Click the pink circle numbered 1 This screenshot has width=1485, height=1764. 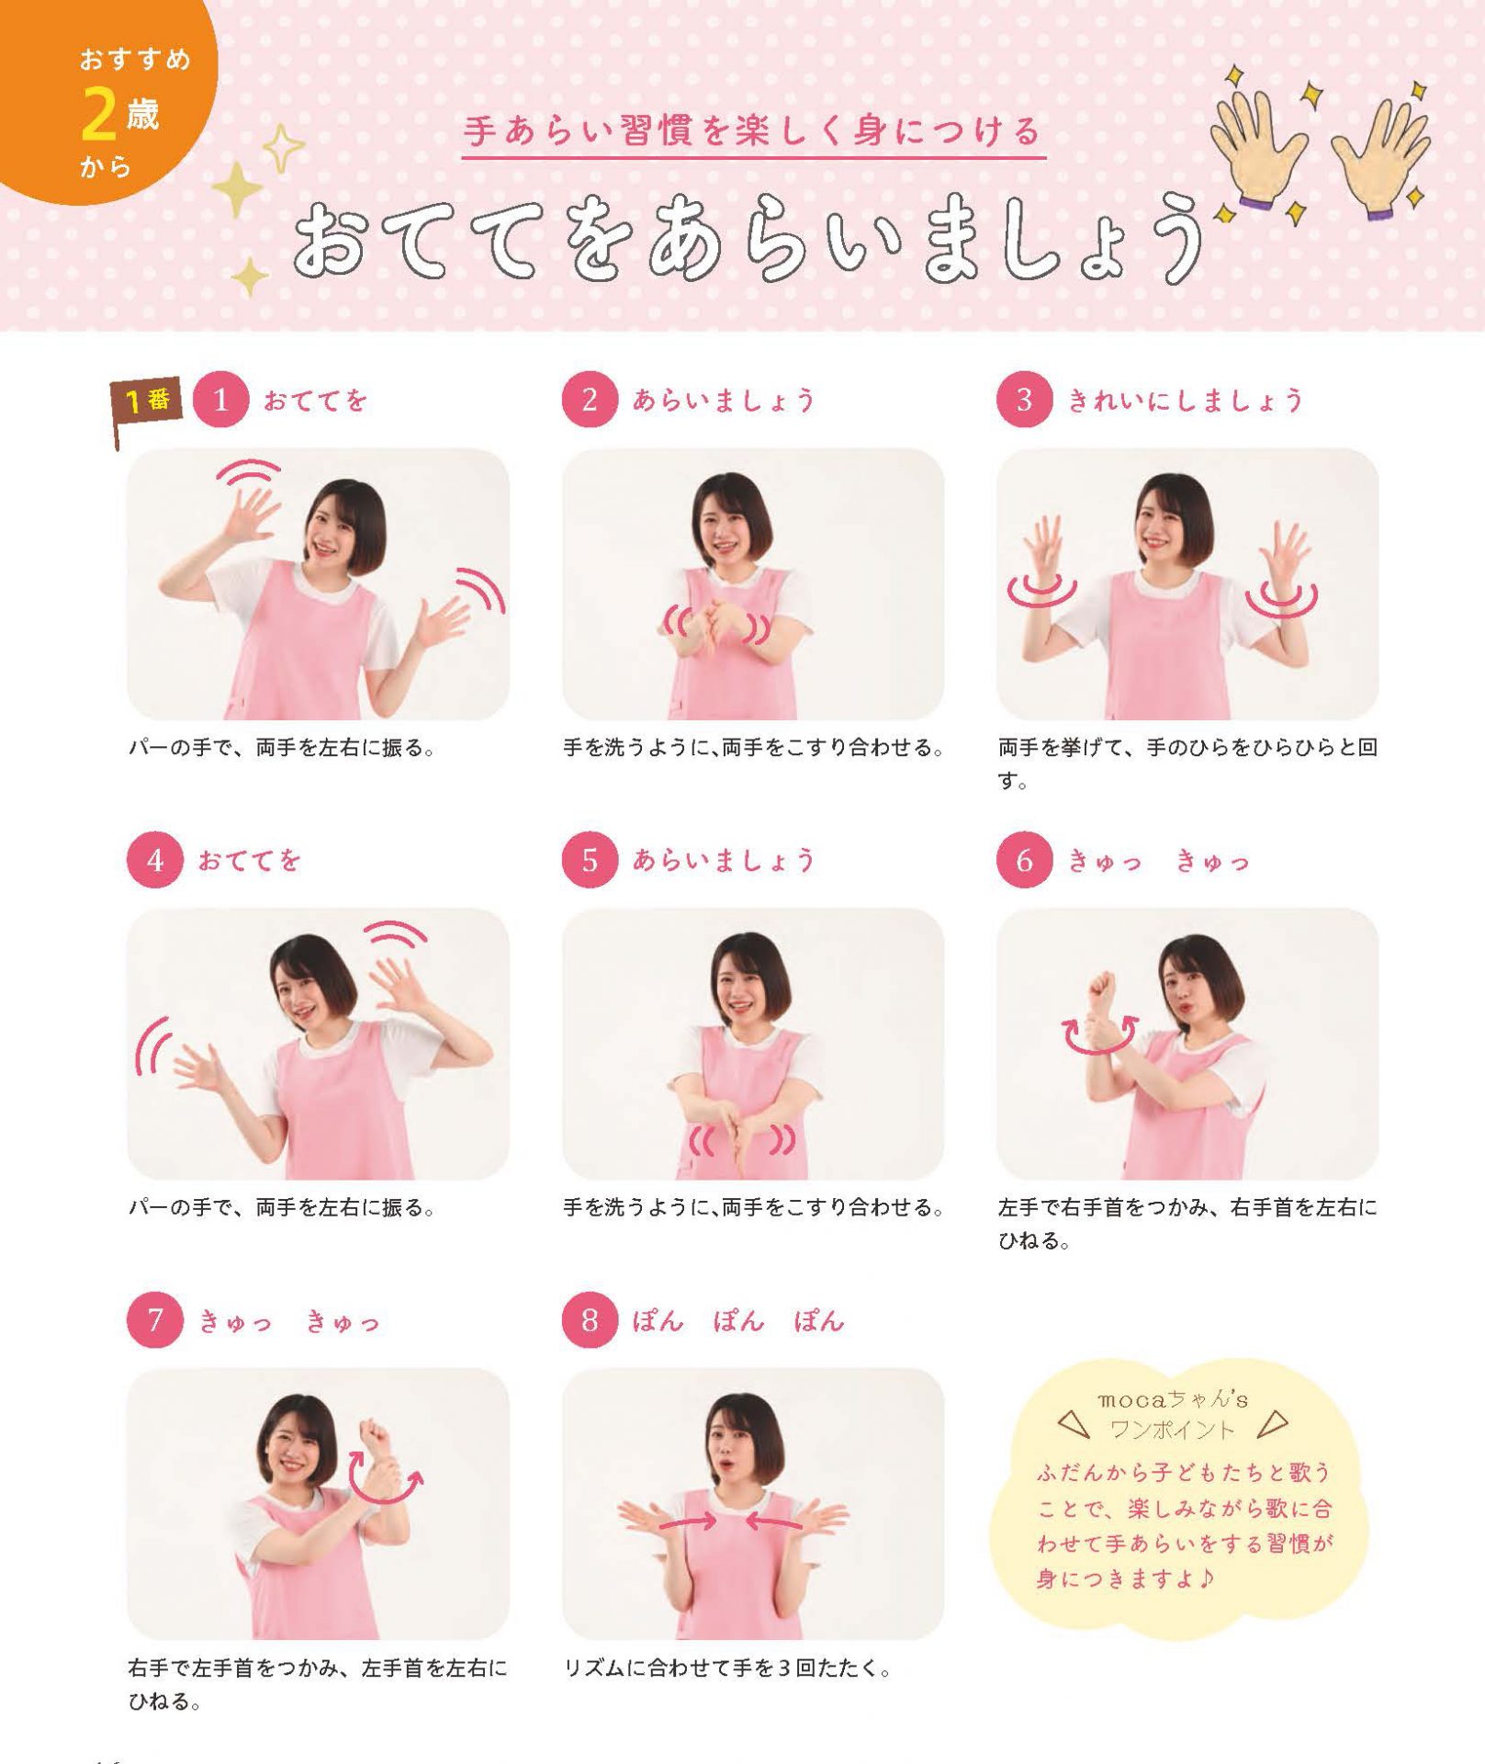220,400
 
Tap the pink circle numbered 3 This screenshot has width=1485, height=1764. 1024,400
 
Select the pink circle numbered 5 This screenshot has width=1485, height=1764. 590,860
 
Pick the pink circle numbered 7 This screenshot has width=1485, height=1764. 155,1320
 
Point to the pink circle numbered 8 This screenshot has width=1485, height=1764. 590,1320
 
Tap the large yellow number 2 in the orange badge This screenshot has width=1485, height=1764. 98,114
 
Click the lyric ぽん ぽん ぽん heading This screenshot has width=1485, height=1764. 737,1321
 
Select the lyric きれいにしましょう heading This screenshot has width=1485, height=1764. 1185,401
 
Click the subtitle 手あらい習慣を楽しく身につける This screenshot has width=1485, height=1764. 753,131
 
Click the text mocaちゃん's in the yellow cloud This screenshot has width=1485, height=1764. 1173,1399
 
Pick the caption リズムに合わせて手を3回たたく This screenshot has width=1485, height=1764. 727,1668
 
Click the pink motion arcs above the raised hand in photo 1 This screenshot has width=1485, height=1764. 249,471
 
